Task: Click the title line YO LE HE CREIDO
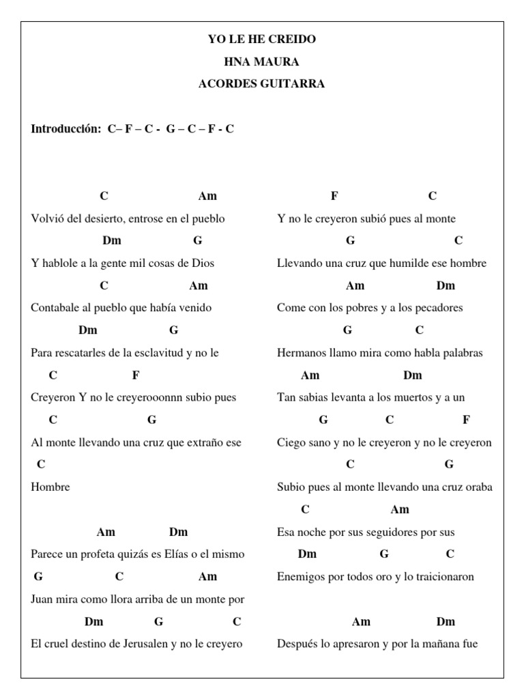262,40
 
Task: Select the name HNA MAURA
262,62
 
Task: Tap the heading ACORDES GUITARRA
262,84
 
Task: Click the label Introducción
65,128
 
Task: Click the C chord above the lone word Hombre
41,464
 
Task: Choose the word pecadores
437,308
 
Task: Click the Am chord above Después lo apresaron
361,621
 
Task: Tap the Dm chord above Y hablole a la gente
112,240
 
